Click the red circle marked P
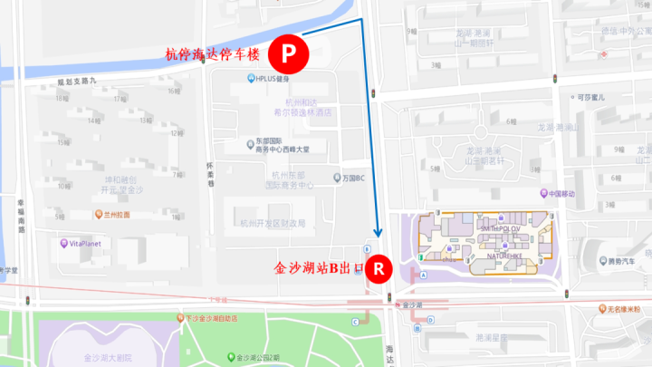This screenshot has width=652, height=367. pos(287,53)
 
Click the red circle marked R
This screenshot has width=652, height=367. pos(379,267)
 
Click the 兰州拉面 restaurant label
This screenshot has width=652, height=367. pos(114,215)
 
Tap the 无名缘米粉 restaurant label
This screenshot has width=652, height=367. pos(623,310)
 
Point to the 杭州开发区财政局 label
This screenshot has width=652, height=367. pos(272,223)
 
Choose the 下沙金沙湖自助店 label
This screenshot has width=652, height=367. pos(211,318)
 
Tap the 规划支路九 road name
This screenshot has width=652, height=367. pos(76,82)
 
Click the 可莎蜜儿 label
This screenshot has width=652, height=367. pos(590,97)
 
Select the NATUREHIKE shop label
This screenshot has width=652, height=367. pos(500,256)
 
